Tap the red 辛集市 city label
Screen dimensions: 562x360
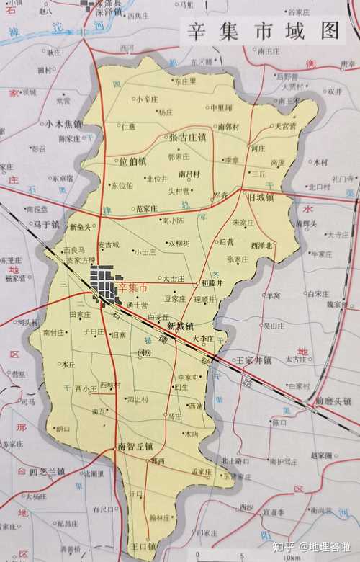tap(132, 287)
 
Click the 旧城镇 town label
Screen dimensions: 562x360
tap(261, 197)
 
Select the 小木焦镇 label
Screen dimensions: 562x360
tap(63, 124)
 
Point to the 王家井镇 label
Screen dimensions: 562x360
tap(253, 359)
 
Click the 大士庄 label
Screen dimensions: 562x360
tap(175, 277)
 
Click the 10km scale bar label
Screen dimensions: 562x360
tap(292, 557)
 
